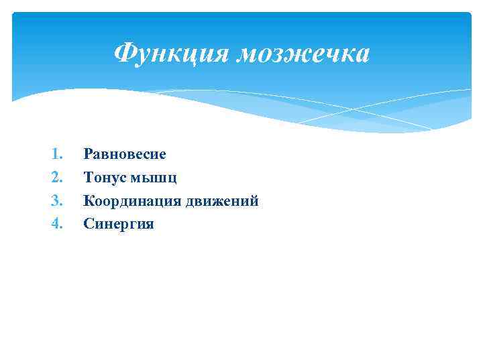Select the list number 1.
(x=56, y=154)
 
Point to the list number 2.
(x=56, y=178)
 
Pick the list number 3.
(x=56, y=200)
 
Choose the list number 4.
(x=56, y=224)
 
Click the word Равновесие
(x=125, y=154)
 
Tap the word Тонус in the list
(x=103, y=178)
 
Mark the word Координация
(x=131, y=200)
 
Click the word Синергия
(x=119, y=224)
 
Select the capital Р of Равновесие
(x=88, y=154)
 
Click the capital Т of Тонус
(x=88, y=178)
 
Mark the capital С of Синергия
(x=88, y=224)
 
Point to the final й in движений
(x=254, y=200)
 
